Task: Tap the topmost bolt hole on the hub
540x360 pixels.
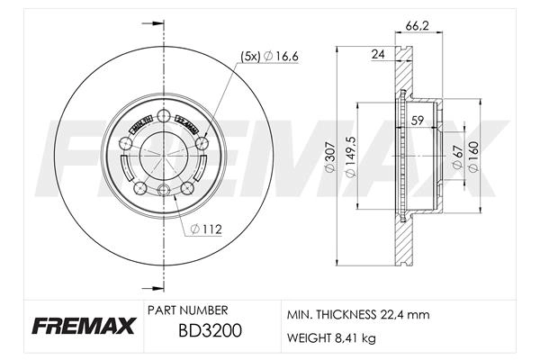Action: tap(162, 114)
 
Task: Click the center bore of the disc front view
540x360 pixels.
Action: tap(162, 154)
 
